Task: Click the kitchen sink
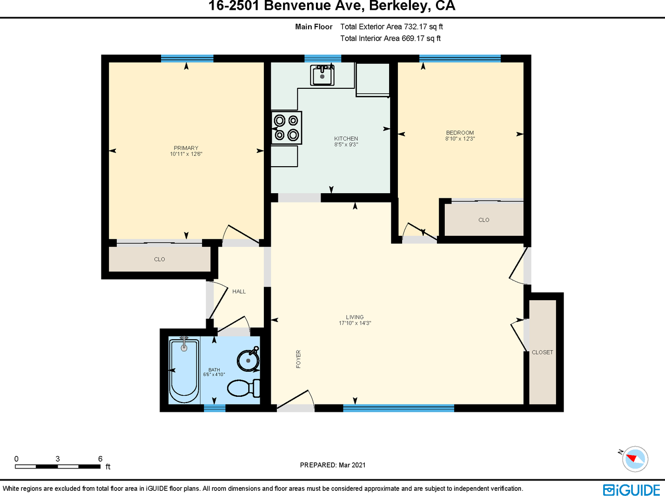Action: click(x=322, y=75)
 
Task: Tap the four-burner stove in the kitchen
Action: click(x=286, y=127)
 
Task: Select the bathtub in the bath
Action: click(x=184, y=371)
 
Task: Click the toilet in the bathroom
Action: click(x=244, y=388)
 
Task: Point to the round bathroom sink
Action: click(x=248, y=360)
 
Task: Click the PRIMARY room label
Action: click(x=186, y=148)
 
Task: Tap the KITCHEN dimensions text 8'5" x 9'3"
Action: click(x=346, y=144)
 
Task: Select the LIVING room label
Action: click(x=355, y=317)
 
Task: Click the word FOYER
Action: click(x=298, y=359)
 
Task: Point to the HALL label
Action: click(x=239, y=291)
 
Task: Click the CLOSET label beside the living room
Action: click(x=542, y=352)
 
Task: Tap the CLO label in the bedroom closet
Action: click(x=484, y=220)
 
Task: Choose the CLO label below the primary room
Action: click(x=159, y=259)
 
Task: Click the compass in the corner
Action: click(x=635, y=459)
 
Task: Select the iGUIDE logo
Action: click(x=631, y=490)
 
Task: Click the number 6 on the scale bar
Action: click(x=100, y=459)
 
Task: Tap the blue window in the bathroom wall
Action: click(x=215, y=408)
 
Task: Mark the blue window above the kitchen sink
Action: click(x=323, y=59)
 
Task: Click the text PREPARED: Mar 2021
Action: click(x=332, y=465)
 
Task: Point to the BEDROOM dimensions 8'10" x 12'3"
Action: click(x=460, y=139)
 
